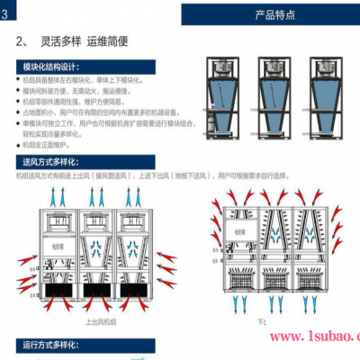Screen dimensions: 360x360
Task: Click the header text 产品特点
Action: [270, 14]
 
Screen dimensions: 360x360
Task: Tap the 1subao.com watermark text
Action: [310, 337]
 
